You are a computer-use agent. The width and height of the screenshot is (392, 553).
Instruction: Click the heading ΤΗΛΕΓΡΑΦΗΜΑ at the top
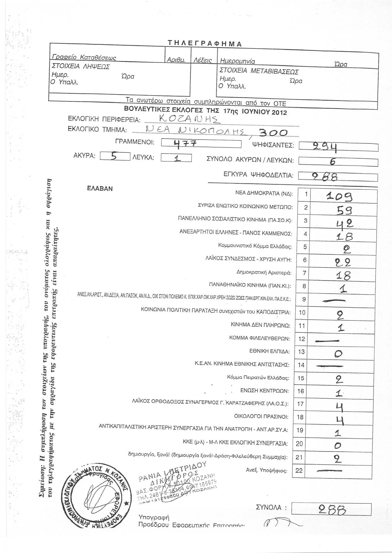coord(205,44)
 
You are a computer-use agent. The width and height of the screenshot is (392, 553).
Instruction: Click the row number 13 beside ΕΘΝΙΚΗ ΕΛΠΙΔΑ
coord(302,352)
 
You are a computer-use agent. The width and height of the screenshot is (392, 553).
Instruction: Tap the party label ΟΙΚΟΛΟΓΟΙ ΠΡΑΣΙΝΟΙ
coord(261,417)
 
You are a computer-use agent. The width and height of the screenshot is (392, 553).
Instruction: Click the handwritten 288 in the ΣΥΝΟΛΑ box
coord(332,508)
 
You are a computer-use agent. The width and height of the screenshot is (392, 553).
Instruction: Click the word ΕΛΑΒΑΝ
coord(100,188)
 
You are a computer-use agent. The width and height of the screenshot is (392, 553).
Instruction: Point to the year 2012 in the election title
coord(277,112)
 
